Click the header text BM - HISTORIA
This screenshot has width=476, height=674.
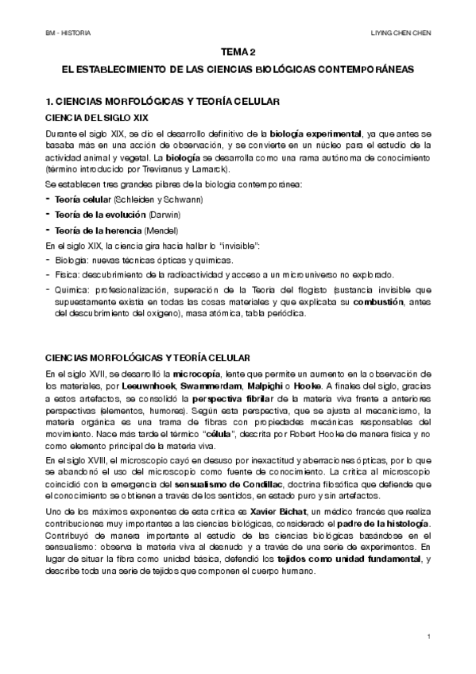(68, 33)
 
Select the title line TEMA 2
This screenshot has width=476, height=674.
(238, 52)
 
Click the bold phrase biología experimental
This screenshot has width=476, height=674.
(314, 132)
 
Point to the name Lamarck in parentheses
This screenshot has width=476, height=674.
(213, 170)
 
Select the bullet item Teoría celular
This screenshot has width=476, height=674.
(83, 198)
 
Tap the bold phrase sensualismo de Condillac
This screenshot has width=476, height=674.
(236, 483)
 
